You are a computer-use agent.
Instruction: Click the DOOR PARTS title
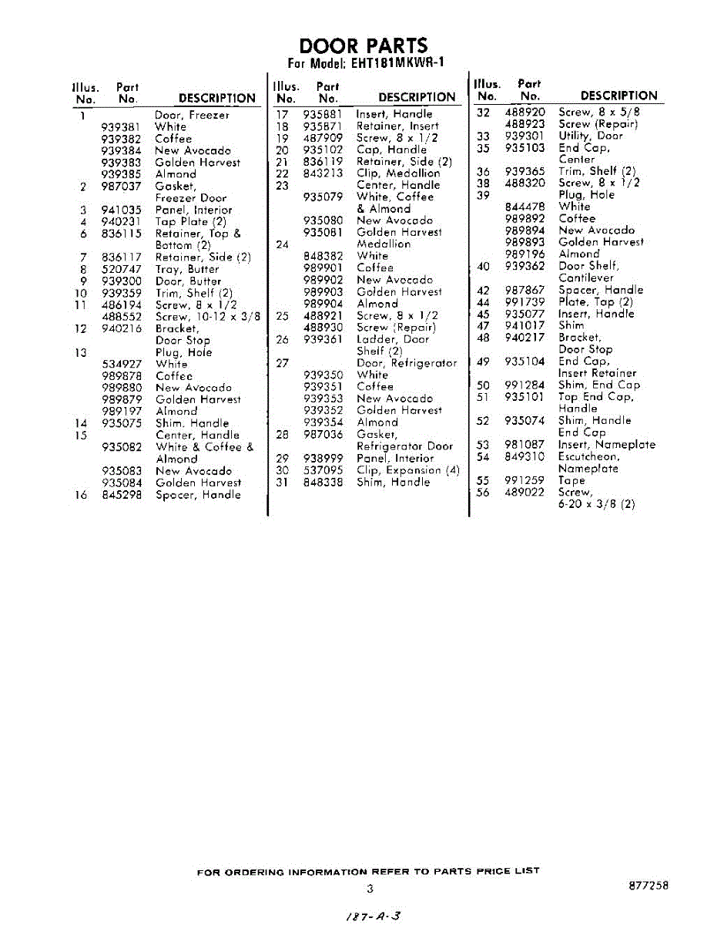click(363, 45)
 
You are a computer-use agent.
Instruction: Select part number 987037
click(121, 187)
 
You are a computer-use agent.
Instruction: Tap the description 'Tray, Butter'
click(187, 270)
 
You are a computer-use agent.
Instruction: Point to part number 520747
click(121, 270)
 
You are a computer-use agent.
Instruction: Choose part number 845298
click(121, 495)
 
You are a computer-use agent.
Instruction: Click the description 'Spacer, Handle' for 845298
click(198, 495)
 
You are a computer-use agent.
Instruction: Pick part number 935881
click(323, 114)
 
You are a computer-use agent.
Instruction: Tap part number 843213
click(323, 173)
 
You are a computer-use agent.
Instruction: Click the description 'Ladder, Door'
click(393, 339)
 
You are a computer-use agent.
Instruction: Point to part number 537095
click(323, 470)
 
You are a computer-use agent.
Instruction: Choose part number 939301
click(525, 136)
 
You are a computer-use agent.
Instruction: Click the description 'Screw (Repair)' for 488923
click(598, 124)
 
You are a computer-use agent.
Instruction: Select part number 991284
click(525, 385)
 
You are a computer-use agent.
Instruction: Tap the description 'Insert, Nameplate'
click(606, 445)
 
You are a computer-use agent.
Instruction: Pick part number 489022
click(525, 493)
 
